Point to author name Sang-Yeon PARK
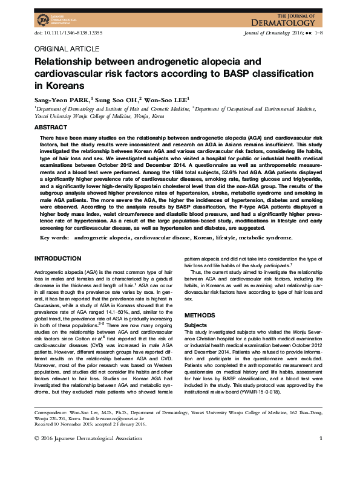(61, 99)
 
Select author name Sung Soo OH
(118, 99)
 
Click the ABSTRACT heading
(51, 128)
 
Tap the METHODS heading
(199, 316)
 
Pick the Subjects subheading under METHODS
(195, 325)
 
